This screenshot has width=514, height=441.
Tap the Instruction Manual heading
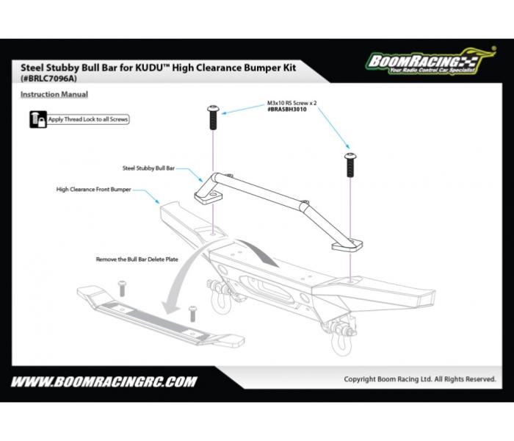pos(54,94)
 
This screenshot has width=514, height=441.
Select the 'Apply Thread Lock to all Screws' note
pos(87,118)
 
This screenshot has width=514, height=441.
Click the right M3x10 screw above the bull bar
pos(351,165)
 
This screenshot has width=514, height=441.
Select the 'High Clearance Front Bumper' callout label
pos(98,189)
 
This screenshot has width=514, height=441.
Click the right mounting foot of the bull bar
pos(346,245)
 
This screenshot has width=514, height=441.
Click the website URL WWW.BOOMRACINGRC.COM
pos(104,381)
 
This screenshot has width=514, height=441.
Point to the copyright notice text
pos(420,379)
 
